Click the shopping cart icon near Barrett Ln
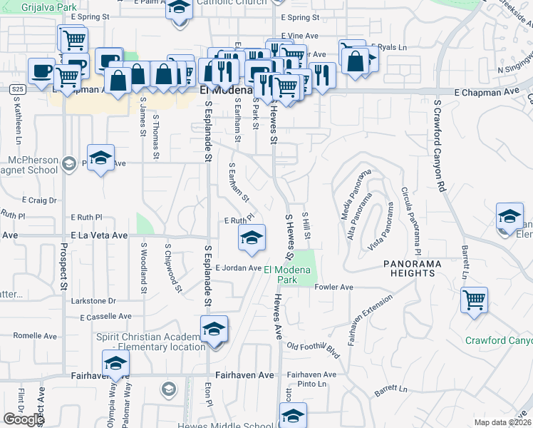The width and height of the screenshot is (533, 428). (474, 300)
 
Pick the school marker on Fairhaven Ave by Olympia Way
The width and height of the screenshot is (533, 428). (116, 363)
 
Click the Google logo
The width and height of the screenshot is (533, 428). (24, 419)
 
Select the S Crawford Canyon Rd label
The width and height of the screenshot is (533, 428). (440, 146)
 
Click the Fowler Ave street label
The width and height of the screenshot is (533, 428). (334, 287)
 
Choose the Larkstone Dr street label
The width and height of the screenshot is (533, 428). (93, 301)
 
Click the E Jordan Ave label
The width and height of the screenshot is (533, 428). (238, 267)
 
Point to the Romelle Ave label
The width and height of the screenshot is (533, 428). (29, 335)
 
